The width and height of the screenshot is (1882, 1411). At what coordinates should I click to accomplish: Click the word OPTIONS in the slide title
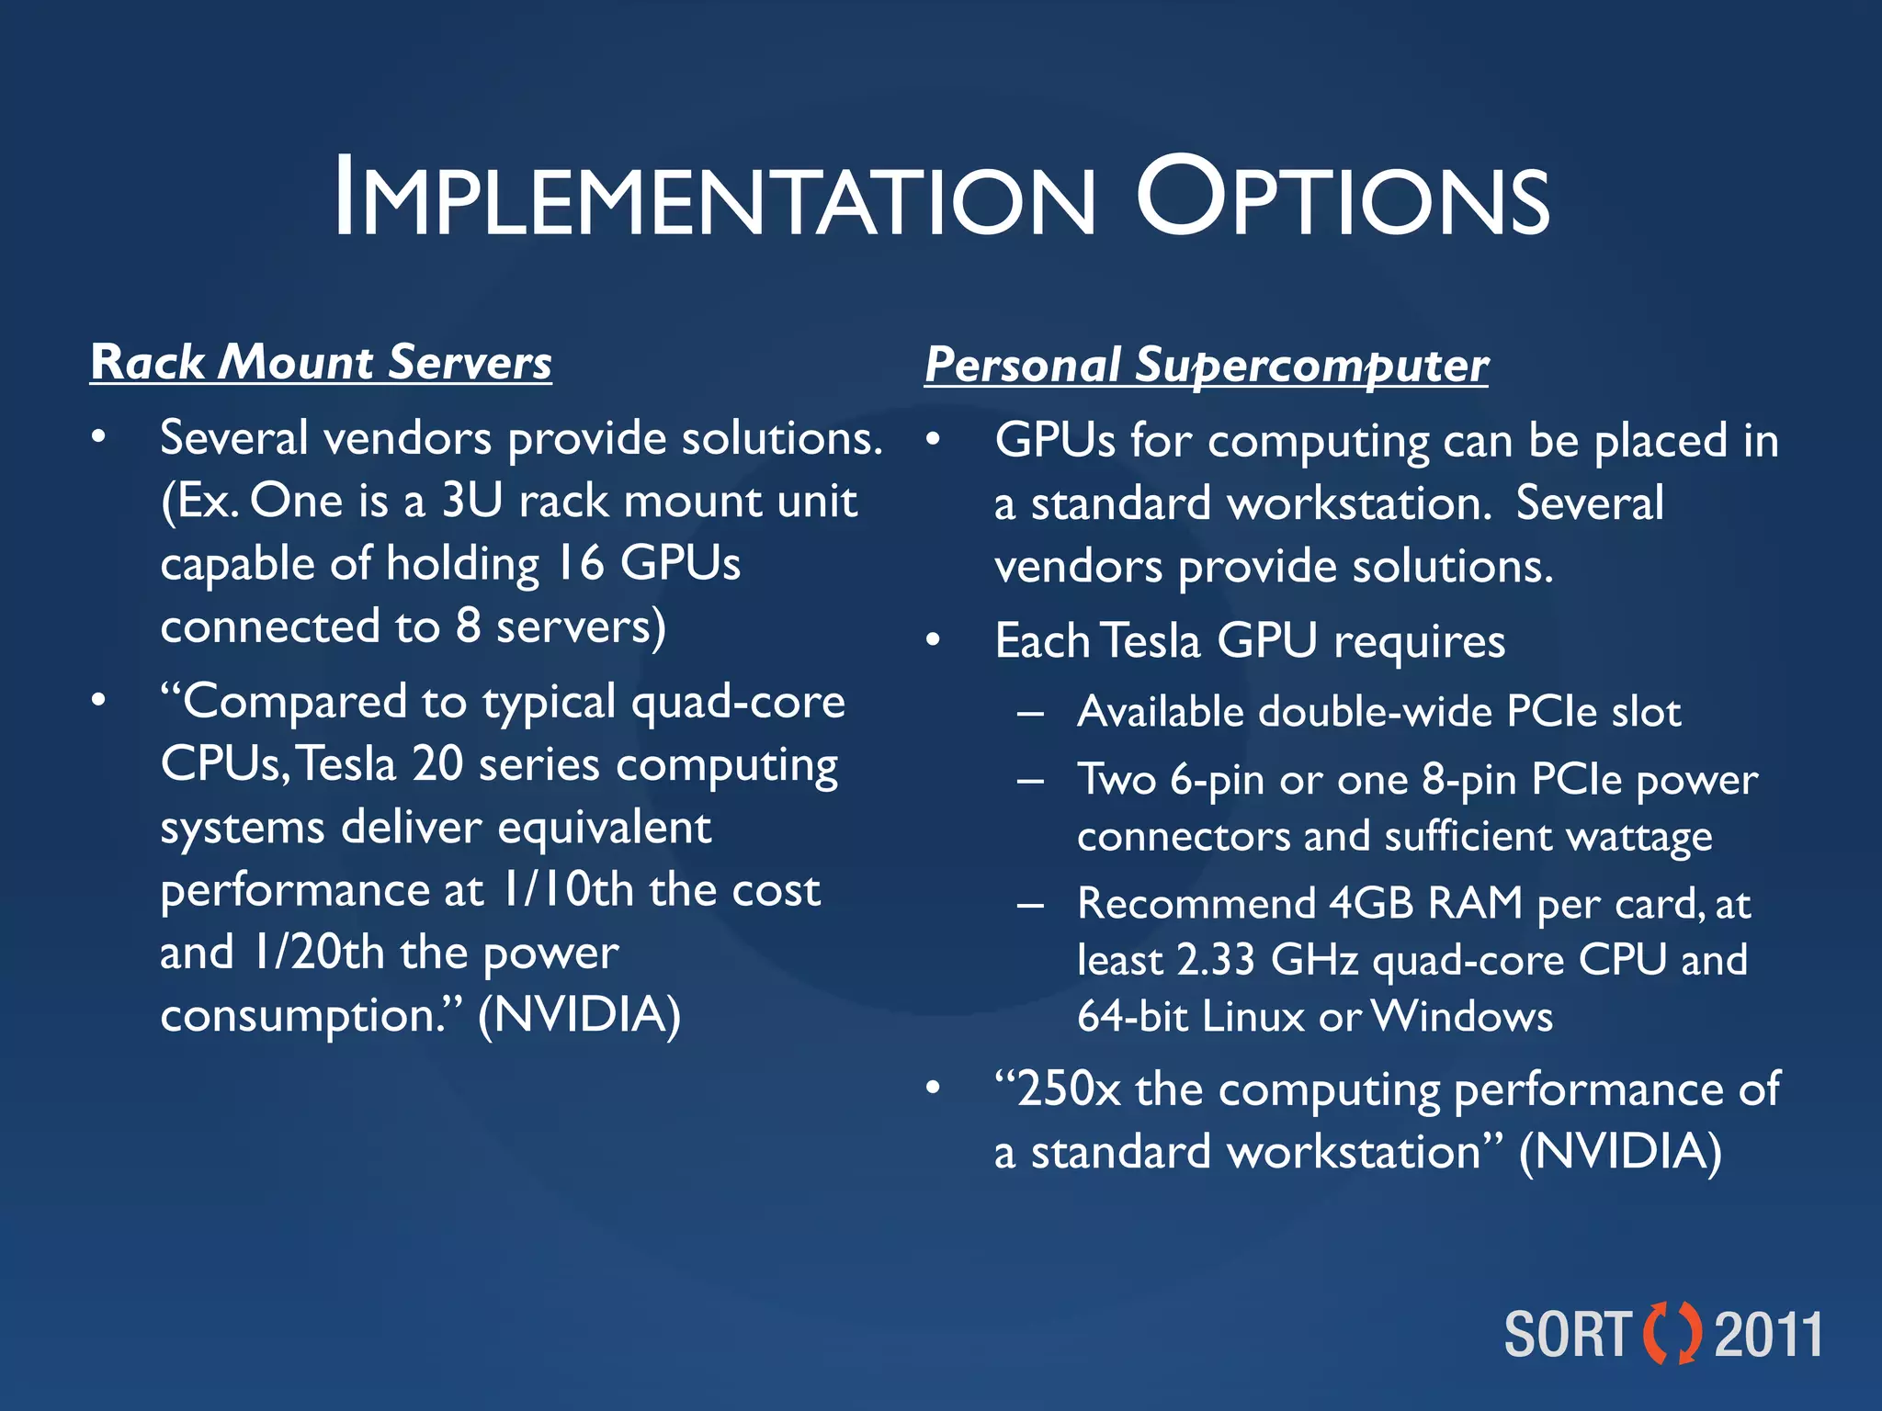coord(1343,198)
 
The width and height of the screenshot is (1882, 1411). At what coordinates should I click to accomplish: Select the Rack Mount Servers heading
coord(321,362)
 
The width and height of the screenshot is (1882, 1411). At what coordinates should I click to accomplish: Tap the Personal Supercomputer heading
coord(1206,365)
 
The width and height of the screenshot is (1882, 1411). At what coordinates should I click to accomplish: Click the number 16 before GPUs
coord(579,563)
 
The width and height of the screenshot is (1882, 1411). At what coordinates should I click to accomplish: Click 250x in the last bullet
coord(1069,1089)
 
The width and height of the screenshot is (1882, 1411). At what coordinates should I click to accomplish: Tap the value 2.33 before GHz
coord(1215,960)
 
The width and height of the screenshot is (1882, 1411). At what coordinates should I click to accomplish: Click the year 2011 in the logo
coord(1768,1335)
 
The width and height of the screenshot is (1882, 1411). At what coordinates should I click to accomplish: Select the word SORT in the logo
coord(1567,1335)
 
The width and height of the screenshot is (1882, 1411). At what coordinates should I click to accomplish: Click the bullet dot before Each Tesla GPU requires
coord(933,640)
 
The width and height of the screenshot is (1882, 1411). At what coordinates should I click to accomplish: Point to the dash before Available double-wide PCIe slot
coord(1030,714)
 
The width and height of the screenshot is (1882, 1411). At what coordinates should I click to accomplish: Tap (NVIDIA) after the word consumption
coord(579,1015)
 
